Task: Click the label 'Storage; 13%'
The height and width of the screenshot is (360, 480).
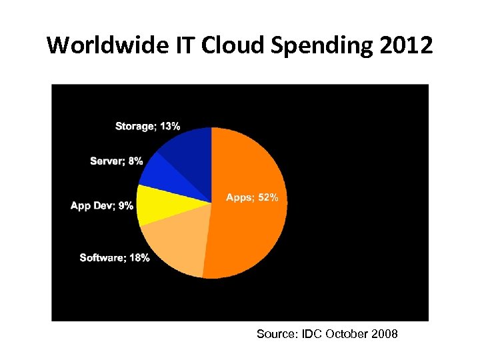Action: coord(147,126)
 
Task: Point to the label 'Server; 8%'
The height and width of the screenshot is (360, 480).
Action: coord(116,161)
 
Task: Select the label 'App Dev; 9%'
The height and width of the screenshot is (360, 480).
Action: coord(101,205)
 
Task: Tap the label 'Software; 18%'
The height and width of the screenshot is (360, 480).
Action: coord(114,257)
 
